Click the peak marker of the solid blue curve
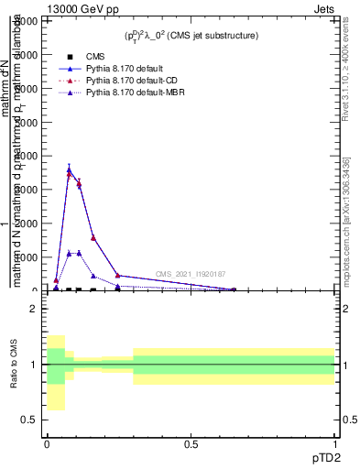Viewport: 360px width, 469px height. pyautogui.click(x=69, y=169)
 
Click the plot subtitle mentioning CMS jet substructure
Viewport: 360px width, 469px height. pyautogui.click(x=191, y=35)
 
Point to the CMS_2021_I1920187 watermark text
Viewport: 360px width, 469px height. pyautogui.click(x=190, y=274)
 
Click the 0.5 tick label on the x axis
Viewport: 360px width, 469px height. pyautogui.click(x=191, y=442)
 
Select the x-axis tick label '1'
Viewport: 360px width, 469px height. pyautogui.click(x=334, y=442)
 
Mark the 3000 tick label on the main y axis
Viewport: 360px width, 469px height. pyautogui.click(x=31, y=190)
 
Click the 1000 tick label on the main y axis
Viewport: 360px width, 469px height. pyautogui.click(x=31, y=257)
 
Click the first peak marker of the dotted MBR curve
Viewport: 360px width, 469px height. pyautogui.click(x=69, y=253)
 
